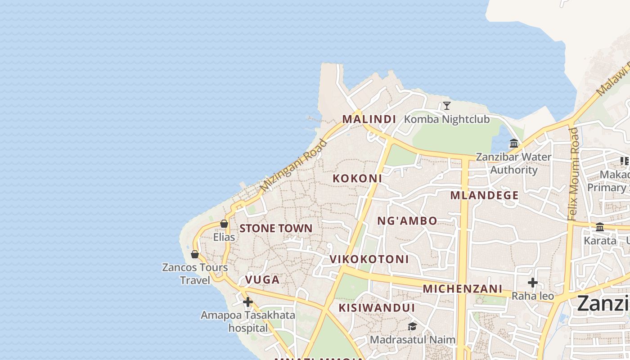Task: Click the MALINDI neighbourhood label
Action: (x=369, y=119)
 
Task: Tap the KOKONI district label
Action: (x=357, y=178)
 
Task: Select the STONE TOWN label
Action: (x=276, y=228)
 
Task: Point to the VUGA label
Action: (x=262, y=279)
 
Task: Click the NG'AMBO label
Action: (x=407, y=220)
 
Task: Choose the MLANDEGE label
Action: (x=485, y=195)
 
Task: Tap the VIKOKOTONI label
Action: (x=369, y=259)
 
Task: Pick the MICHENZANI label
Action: (x=463, y=288)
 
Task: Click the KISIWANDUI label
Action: (x=377, y=308)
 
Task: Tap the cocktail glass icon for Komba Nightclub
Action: (x=446, y=106)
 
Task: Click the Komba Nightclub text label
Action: (x=447, y=119)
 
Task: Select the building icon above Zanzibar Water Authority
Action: (x=514, y=144)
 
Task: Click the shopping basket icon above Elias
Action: (x=224, y=224)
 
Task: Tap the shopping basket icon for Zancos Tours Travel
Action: (x=195, y=255)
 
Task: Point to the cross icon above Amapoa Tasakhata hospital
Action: (x=248, y=302)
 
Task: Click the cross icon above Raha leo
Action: (x=533, y=283)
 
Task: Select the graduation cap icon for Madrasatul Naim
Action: (x=412, y=326)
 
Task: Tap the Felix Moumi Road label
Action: (x=573, y=174)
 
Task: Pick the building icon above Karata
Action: (x=600, y=227)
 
